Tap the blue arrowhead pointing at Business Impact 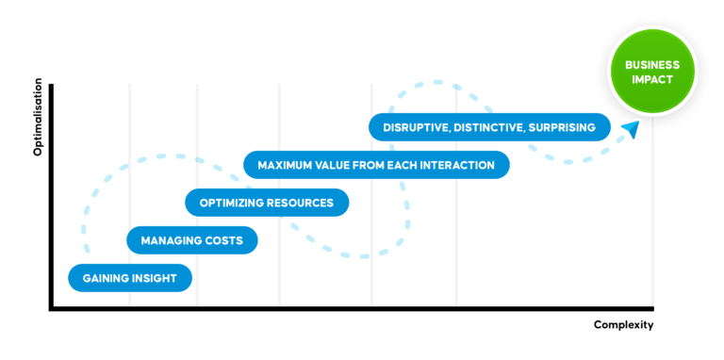point(630,128)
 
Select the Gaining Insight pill point(130,278)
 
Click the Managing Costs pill point(192,240)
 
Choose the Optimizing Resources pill point(266,203)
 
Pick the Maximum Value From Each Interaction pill point(376,165)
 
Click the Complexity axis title point(623,325)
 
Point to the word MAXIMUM point(287,165)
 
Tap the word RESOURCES point(299,203)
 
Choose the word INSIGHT point(155,278)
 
